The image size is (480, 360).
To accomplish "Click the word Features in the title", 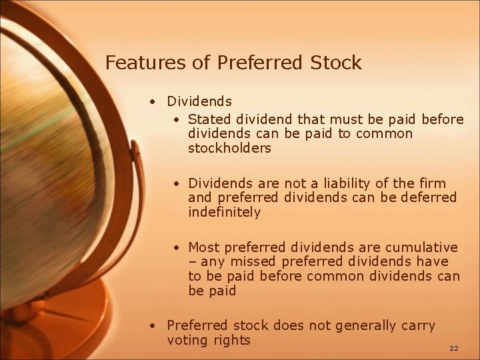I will coord(138,63).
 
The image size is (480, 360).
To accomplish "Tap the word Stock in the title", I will coord(336,63).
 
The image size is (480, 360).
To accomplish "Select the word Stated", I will coord(209,119).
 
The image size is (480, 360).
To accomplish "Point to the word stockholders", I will coord(229,149).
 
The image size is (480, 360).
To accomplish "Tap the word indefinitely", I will coord(224,213).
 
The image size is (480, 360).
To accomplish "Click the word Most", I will coord(204,247).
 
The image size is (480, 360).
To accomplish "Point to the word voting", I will coord(189,340).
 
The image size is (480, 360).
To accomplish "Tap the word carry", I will coord(418,325).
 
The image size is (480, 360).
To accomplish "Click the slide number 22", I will coord(454,348).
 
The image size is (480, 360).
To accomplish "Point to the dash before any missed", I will coord(192,263).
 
